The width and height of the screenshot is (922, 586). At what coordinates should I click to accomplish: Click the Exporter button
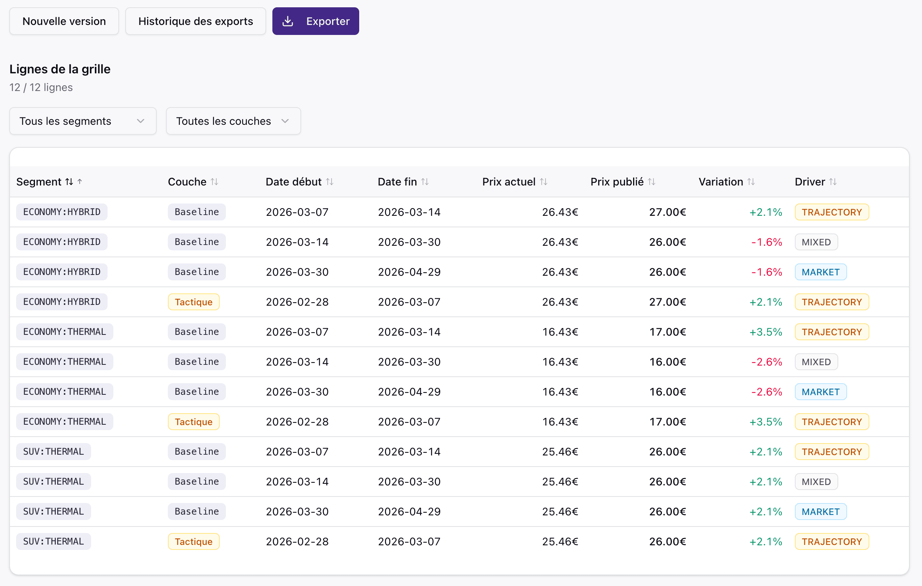coord(316,21)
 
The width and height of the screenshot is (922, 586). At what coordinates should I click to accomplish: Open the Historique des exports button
coord(196,21)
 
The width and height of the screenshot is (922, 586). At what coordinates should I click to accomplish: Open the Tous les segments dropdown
coord(83,121)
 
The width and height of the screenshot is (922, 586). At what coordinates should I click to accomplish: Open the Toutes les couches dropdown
coord(233,121)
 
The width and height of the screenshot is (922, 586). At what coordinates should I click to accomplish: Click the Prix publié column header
coord(617,182)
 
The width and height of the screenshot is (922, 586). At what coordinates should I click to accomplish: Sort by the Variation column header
coord(721,182)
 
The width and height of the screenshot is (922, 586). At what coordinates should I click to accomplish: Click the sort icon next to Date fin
coord(425,182)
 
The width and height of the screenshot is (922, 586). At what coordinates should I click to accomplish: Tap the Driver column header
coord(810,182)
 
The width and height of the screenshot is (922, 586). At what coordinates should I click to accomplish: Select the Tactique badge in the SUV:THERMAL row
coord(194,541)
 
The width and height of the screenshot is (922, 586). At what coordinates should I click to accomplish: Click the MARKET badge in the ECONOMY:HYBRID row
coord(821,272)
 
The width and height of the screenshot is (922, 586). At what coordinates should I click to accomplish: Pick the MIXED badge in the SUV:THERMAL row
coord(816,482)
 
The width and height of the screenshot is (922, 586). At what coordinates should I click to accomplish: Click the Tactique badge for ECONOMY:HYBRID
coord(194,302)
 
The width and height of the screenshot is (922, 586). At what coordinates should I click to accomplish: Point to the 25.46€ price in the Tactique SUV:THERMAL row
coord(560,541)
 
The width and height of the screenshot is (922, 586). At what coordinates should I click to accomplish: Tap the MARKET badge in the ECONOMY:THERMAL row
coord(821,392)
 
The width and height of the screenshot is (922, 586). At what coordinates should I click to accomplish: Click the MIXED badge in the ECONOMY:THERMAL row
coord(816,362)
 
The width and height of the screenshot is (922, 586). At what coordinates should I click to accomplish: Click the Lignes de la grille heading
coord(60,69)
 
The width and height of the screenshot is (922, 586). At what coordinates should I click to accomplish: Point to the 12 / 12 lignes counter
coord(41,88)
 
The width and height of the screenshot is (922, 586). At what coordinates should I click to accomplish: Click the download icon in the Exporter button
coord(288,21)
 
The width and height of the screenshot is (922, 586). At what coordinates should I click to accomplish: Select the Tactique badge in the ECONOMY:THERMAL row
coord(194,422)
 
